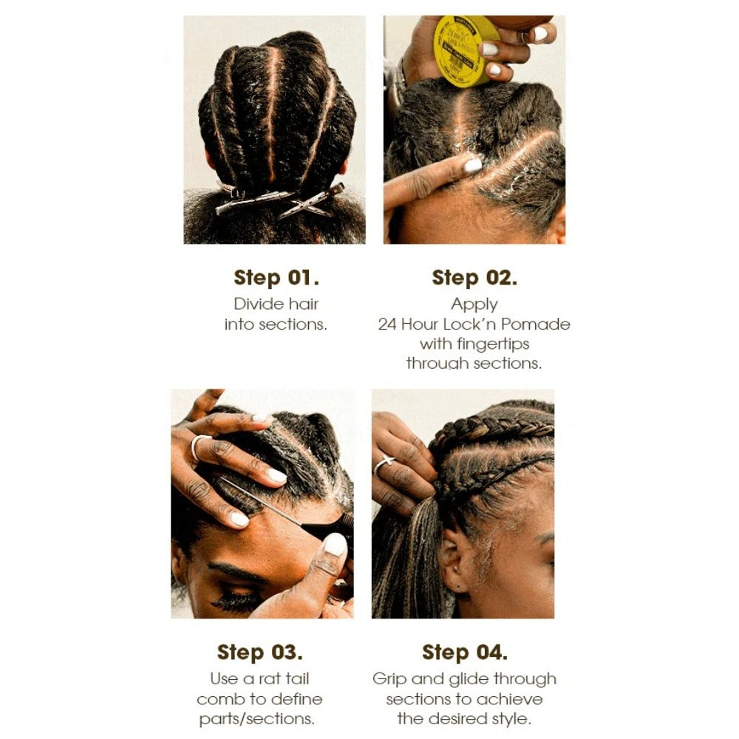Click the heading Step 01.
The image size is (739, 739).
pyautogui.click(x=276, y=278)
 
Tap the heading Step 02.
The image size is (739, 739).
pyautogui.click(x=474, y=278)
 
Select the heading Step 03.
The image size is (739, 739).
pyautogui.click(x=259, y=653)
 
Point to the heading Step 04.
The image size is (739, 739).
pyautogui.click(x=464, y=653)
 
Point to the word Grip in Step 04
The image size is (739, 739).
pyautogui.click(x=389, y=679)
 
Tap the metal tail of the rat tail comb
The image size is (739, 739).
pyautogui.click(x=259, y=503)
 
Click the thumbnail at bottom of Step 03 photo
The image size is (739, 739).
pyautogui.click(x=336, y=545)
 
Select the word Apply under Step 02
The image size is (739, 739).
pyautogui.click(x=474, y=304)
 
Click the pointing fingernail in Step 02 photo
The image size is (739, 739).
pyautogui.click(x=473, y=166)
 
